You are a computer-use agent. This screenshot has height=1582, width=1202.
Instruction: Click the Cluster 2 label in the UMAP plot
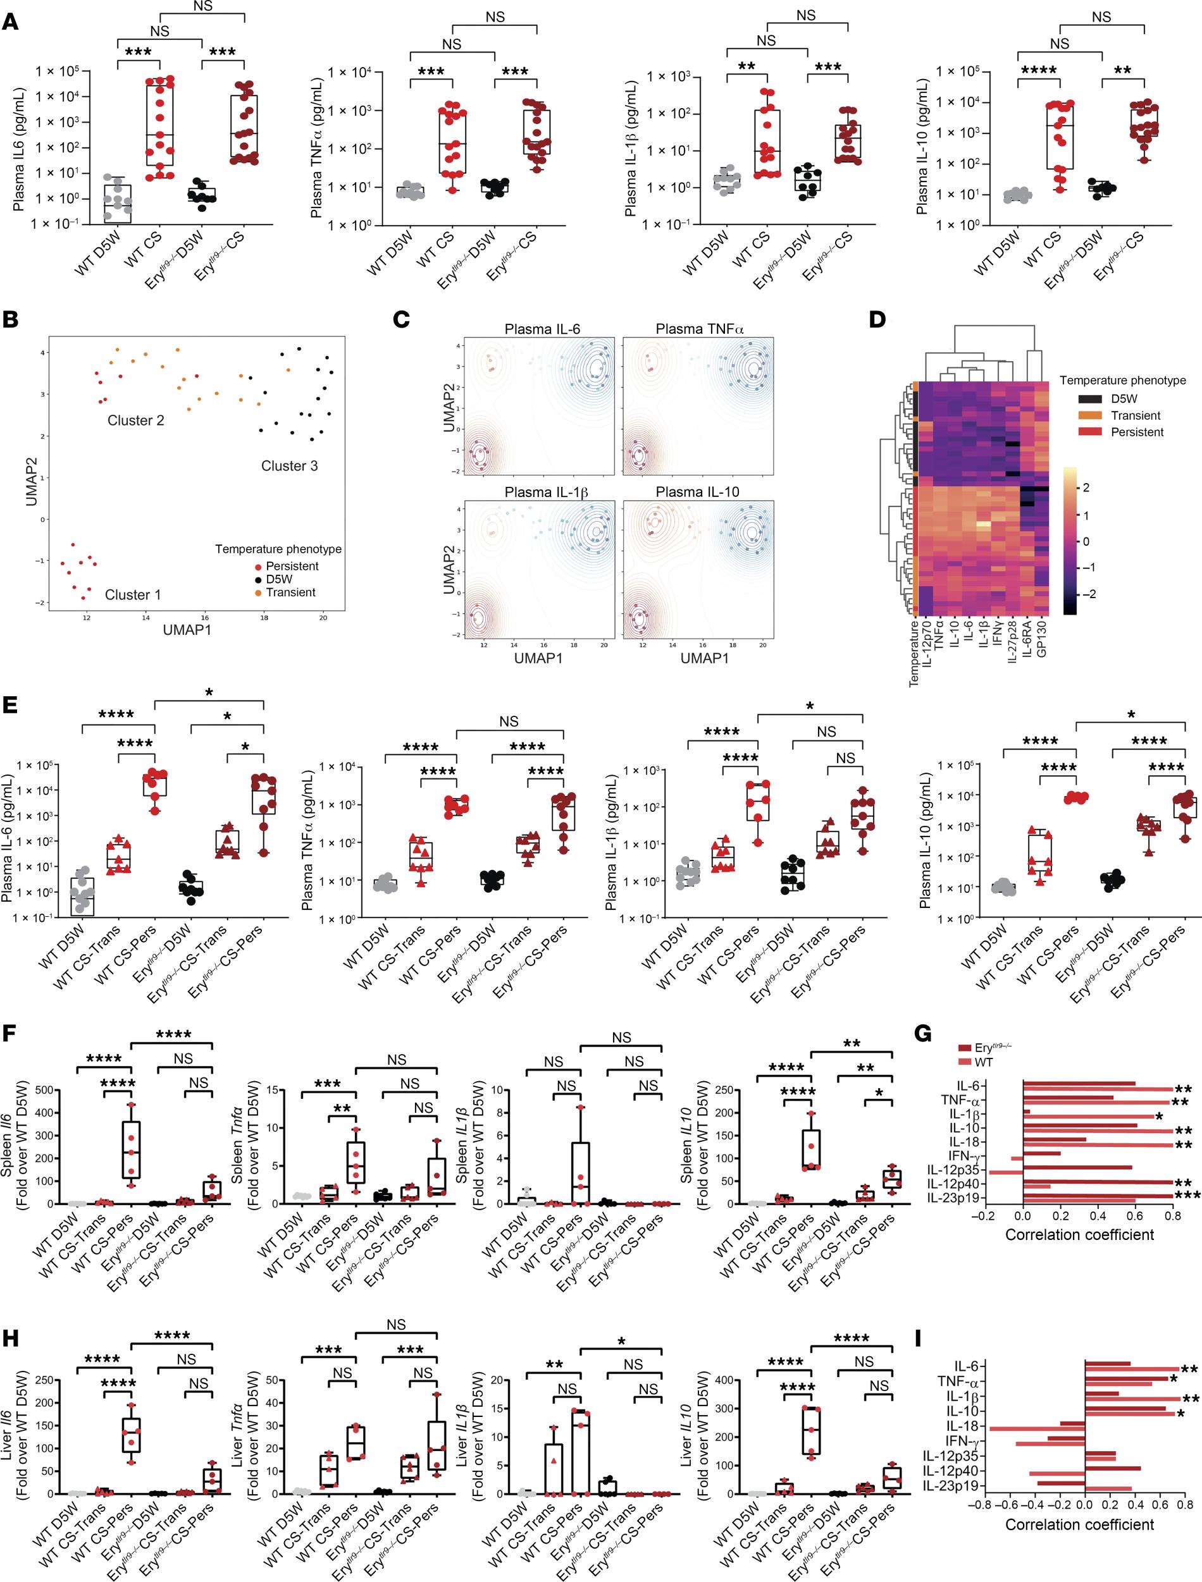(x=135, y=420)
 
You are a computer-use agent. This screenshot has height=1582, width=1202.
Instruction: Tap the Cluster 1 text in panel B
(x=127, y=595)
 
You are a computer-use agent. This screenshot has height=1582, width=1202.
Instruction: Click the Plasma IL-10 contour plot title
(x=697, y=492)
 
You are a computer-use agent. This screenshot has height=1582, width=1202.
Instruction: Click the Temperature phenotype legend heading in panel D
(x=1122, y=381)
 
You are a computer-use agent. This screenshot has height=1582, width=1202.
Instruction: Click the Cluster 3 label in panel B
(x=289, y=466)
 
